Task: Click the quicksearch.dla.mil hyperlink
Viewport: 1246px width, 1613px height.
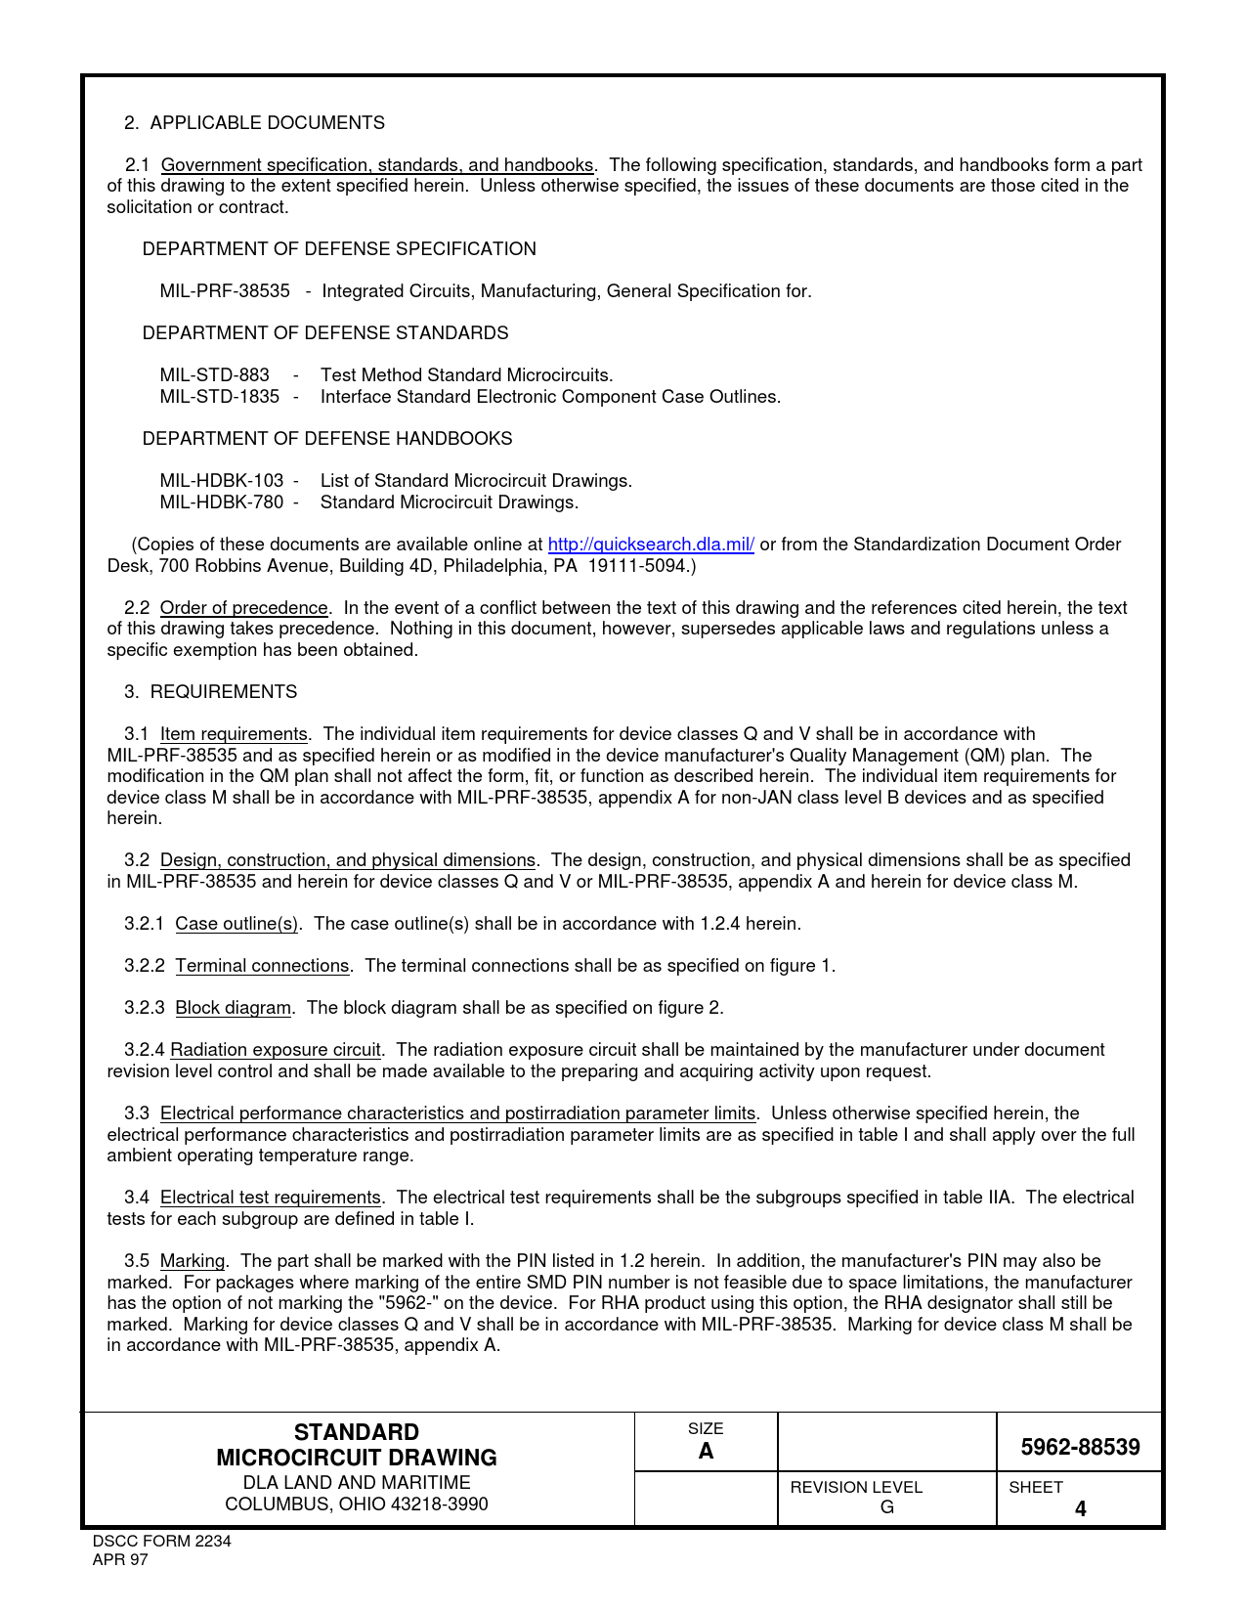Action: (x=650, y=545)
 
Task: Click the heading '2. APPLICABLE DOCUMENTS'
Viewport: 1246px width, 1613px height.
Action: (x=254, y=123)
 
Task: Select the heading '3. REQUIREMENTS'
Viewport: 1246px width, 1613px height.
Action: (x=210, y=692)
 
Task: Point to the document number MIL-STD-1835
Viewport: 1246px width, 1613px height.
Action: (x=219, y=397)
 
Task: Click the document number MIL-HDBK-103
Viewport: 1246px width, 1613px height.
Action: (x=222, y=481)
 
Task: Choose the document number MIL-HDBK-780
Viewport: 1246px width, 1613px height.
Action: (x=222, y=502)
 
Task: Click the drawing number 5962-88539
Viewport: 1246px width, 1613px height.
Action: (x=1080, y=1447)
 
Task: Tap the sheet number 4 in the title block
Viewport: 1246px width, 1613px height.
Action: (x=1080, y=1508)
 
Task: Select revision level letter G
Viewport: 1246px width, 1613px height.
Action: (x=886, y=1507)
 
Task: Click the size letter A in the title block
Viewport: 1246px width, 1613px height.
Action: (x=706, y=1451)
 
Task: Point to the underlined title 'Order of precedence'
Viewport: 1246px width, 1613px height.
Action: (x=243, y=608)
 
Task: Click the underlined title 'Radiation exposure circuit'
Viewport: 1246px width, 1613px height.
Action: (x=276, y=1050)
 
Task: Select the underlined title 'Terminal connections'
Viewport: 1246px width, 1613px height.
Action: (x=262, y=966)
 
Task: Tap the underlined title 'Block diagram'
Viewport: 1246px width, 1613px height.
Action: (x=233, y=1008)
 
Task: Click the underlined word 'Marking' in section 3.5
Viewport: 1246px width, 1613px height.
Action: (x=193, y=1261)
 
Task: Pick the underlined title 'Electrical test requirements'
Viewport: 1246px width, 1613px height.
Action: (x=270, y=1198)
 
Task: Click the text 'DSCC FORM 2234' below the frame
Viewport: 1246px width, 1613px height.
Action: (x=161, y=1542)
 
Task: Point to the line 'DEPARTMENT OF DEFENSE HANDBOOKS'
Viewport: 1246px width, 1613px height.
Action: (x=327, y=439)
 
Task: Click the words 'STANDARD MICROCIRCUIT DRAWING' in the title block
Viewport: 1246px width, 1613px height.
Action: (x=357, y=1445)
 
